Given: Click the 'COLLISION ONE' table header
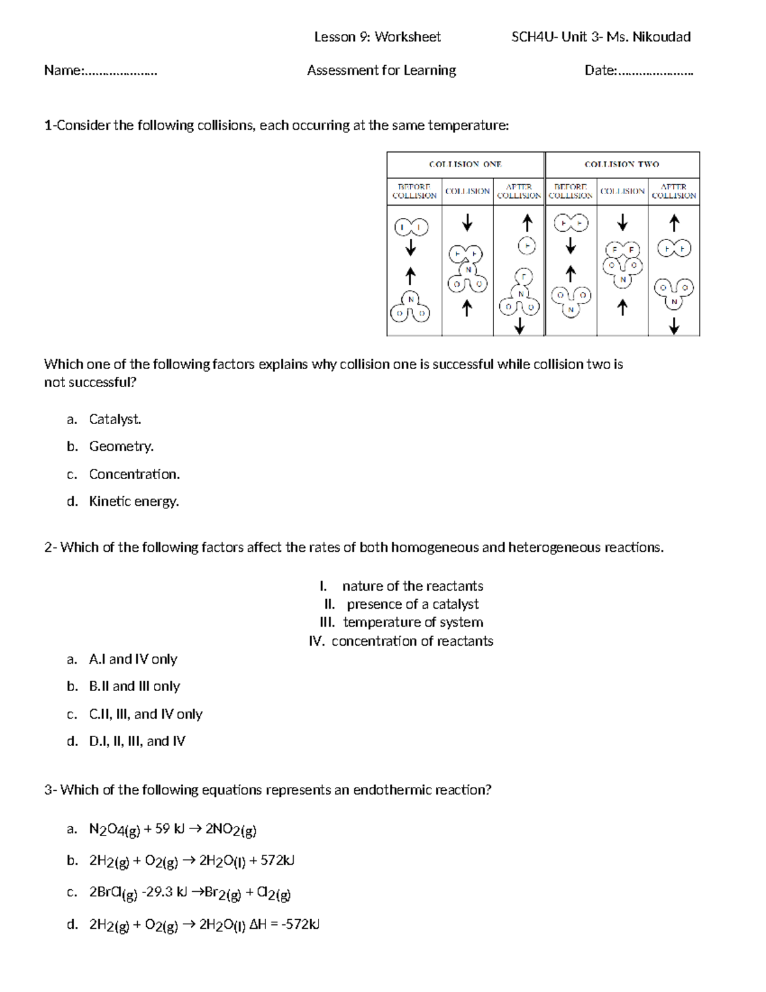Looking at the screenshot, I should click(x=465, y=164).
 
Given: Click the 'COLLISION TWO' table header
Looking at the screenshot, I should click(x=622, y=164).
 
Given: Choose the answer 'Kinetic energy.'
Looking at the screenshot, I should click(x=134, y=501).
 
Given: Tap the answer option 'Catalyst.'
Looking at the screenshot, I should click(x=115, y=419).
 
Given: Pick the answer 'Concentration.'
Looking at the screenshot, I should click(x=135, y=474).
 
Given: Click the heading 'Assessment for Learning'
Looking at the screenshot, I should click(x=381, y=70).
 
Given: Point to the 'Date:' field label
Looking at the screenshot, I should click(x=601, y=70).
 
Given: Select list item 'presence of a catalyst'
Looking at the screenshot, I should click(x=412, y=604).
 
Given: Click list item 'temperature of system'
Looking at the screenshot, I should click(x=413, y=622).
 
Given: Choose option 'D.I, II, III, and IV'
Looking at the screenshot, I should click(x=137, y=741).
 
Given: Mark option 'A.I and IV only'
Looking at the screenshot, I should click(x=133, y=659).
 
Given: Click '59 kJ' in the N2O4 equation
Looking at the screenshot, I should click(x=169, y=829).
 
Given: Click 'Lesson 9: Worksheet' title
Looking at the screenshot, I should click(x=377, y=37).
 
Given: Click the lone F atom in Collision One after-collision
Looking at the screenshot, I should click(x=527, y=245).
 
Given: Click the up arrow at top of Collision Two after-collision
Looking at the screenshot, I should click(x=674, y=224).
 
